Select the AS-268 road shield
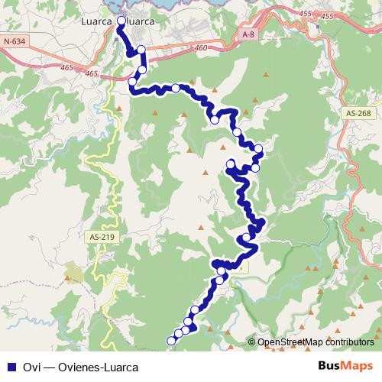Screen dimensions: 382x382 [358, 114]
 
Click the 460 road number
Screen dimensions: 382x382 [202, 48]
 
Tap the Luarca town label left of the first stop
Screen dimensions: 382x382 [97, 22]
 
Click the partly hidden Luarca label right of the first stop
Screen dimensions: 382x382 [140, 22]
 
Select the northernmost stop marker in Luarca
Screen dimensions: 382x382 [122, 21]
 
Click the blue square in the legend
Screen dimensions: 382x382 [11, 365]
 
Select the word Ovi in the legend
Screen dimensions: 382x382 [31, 365]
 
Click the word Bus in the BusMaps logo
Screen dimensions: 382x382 [329, 365]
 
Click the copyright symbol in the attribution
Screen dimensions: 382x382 [252, 342]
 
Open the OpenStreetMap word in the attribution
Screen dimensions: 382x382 [287, 342]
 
